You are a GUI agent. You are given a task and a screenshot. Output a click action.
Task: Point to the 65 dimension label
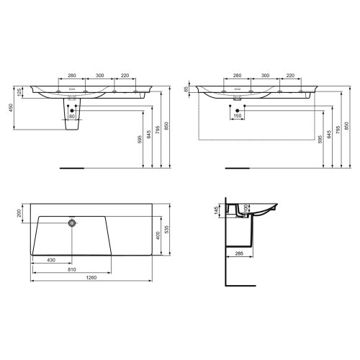point(186,90)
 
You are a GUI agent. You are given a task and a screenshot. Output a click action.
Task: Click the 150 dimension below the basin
point(237,117)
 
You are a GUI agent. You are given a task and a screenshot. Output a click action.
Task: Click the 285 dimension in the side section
point(238,253)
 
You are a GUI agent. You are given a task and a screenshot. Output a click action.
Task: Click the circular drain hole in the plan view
point(71,223)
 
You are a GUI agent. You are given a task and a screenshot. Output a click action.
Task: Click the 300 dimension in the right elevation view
point(265,75)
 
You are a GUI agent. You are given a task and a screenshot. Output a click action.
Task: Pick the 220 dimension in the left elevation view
point(125,75)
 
